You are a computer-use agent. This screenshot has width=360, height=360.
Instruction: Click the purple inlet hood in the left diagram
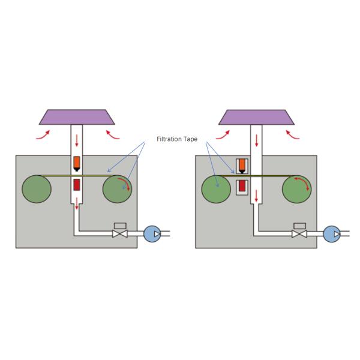pos(77,116)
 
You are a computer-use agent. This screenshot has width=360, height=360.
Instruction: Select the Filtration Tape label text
pos(177,137)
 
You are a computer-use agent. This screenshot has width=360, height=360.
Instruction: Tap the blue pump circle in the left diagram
pos(152,233)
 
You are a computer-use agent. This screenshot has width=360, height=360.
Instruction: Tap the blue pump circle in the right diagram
pos(331,233)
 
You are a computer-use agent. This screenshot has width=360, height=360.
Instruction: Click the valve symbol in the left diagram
pos(120,232)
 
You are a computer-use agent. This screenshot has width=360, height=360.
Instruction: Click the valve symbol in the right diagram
pos(299,232)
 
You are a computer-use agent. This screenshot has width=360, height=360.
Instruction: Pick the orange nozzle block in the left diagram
pos(77,163)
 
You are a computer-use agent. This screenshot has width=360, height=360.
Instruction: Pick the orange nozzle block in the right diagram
pos(241,164)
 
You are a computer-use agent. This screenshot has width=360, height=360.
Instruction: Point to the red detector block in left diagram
pos(77,185)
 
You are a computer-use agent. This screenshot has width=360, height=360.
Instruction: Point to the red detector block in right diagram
pos(241,185)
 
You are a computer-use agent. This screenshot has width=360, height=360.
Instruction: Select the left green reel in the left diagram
pos(37,189)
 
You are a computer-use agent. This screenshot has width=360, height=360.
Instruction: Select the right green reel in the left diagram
pos(118,189)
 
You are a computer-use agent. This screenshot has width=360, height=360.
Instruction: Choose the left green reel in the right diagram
pos(217,189)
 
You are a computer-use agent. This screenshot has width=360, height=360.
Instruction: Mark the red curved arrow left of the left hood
pos(42,135)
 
